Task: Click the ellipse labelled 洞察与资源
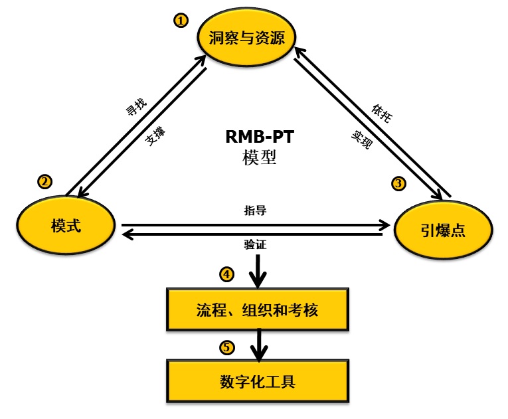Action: [246, 38]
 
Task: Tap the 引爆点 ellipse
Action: [443, 230]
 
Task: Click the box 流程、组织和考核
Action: [257, 310]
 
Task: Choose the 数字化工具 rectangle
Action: [257, 382]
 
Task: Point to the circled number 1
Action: [181, 21]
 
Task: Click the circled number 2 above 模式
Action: [44, 181]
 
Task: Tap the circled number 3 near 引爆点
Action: [398, 184]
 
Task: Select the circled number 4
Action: [227, 274]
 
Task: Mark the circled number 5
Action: [227, 347]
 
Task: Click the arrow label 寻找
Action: [136, 108]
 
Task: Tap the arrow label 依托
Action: [381, 114]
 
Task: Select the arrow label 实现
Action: [361, 139]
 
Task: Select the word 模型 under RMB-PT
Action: [260, 158]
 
